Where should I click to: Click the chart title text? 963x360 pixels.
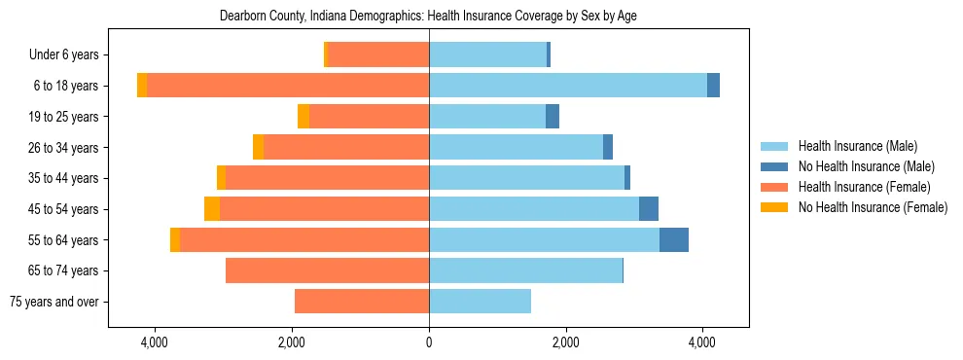pos(428,17)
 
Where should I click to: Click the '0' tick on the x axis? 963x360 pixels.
pos(429,342)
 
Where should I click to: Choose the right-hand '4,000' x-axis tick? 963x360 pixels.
pos(702,342)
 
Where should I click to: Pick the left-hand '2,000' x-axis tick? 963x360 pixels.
pos(293,342)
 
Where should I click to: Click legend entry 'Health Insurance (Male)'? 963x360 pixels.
pos(857,147)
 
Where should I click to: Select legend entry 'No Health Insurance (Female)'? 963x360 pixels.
pos(873,207)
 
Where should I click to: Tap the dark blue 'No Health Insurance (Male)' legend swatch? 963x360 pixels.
pos(775,167)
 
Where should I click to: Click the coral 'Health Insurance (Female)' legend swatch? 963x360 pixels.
pos(775,187)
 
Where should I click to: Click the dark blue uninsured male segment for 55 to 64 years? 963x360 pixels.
pos(674,239)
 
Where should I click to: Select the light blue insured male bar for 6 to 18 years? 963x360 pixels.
pos(568,86)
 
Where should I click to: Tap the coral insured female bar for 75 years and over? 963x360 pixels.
pos(362,302)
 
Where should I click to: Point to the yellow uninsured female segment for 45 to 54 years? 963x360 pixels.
pos(212,209)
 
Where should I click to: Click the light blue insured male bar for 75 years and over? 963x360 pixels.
pos(480,302)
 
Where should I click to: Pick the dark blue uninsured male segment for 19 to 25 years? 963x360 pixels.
pos(553,117)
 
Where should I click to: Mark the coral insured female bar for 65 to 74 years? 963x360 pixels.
pos(327,270)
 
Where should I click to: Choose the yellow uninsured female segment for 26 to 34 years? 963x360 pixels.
pos(258,147)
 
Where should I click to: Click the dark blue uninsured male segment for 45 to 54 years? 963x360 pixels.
pos(649,209)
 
